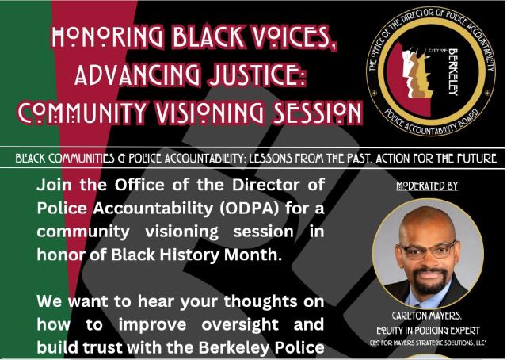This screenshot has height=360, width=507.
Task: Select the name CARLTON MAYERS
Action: [428, 314]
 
